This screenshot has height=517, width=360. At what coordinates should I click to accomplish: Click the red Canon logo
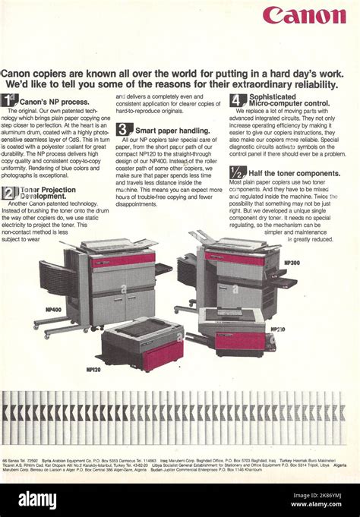coord(304,15)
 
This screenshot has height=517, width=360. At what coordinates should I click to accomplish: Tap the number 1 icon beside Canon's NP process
coord(9,100)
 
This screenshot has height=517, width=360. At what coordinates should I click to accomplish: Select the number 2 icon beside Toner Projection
coord(9,193)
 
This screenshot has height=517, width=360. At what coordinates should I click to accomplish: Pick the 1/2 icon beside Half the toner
coord(238,172)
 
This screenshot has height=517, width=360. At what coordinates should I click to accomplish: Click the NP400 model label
coord(53,310)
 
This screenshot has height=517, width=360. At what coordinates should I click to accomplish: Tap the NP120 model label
coord(93,369)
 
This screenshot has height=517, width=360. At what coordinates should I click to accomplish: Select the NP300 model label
coord(292,263)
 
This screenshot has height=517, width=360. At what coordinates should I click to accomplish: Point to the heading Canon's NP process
coord(54,101)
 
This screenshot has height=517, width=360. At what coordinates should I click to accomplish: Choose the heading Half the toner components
coord(295,173)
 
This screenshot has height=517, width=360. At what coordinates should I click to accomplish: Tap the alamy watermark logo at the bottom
coord(37,500)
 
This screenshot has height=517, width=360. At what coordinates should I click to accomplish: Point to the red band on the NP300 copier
coord(234,258)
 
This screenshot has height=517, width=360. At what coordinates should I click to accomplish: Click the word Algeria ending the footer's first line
coord(339,465)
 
